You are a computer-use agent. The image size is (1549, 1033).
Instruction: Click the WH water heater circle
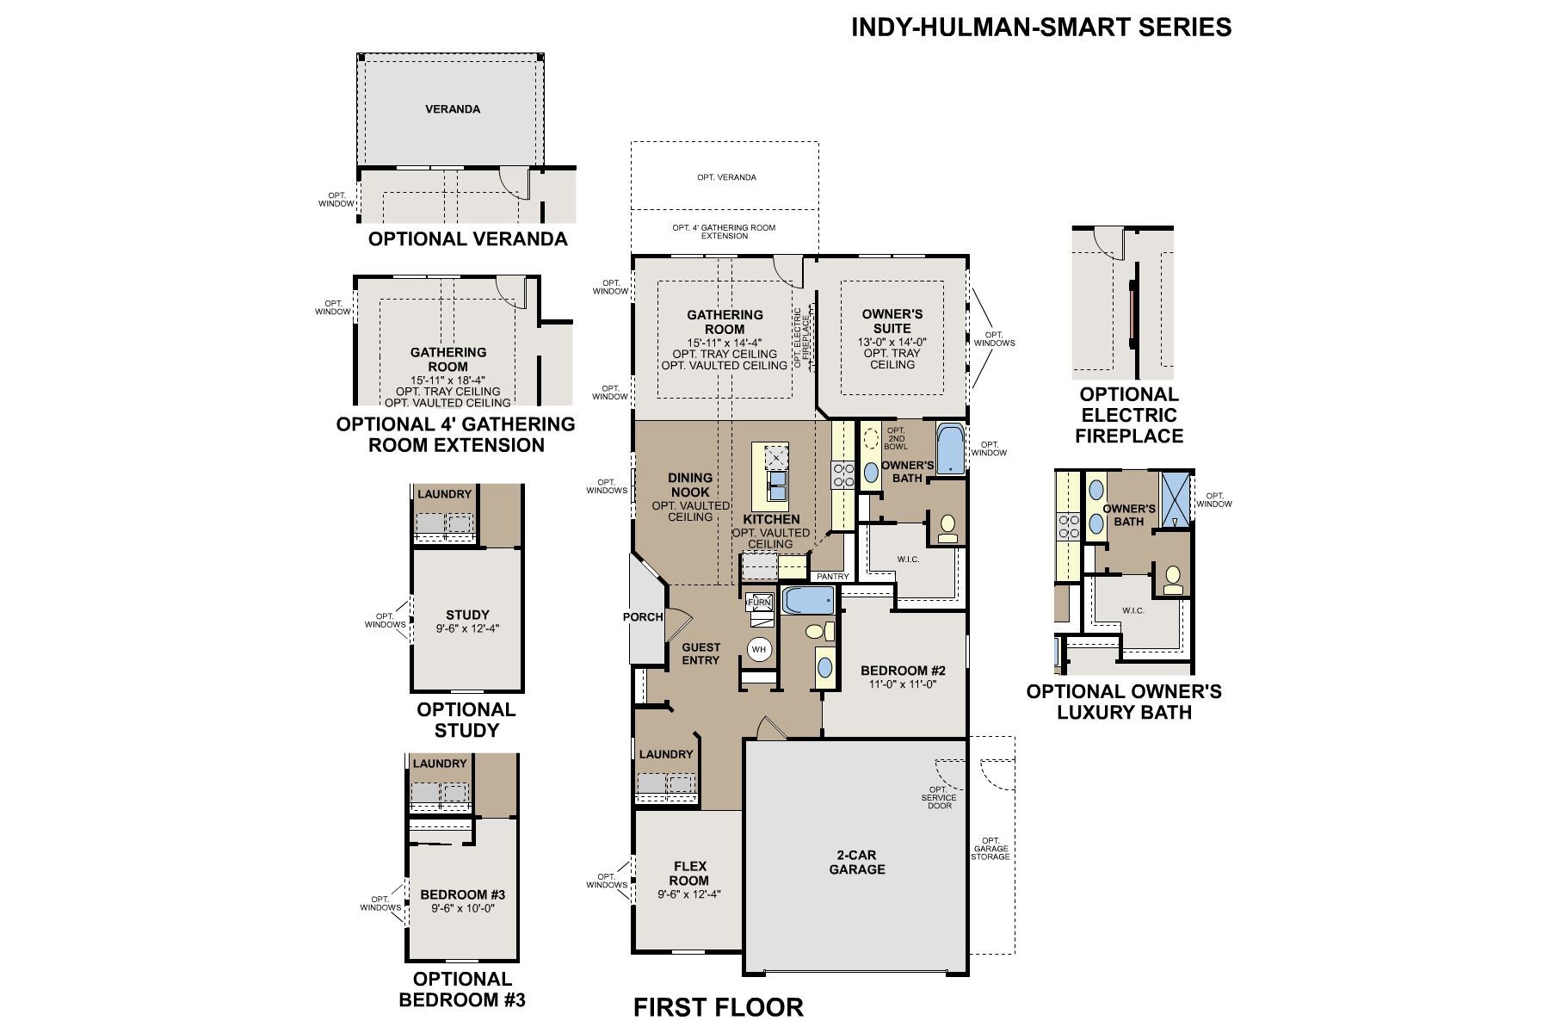[758, 649]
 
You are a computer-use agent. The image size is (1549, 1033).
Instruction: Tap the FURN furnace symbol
[758, 603]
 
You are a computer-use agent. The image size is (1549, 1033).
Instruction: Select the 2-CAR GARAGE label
[857, 863]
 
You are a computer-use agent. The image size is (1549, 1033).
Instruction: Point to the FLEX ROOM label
[689, 873]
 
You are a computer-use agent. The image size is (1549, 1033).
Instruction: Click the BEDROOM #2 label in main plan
[903, 671]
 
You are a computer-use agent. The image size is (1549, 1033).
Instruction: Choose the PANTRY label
[832, 576]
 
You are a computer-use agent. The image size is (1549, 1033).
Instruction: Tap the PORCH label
[643, 616]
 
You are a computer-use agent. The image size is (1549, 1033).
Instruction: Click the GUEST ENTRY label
[700, 653]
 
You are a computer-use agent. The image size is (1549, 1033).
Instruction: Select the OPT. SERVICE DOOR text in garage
[938, 797]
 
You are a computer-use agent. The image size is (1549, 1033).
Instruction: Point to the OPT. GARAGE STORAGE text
[990, 849]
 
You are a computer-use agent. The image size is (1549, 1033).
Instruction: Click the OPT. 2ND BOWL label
[896, 439]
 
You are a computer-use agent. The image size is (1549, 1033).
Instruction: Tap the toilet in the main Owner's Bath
[947, 528]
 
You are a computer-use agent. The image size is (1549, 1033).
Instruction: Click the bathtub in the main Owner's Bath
[950, 448]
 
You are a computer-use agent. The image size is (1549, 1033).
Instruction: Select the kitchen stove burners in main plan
[842, 474]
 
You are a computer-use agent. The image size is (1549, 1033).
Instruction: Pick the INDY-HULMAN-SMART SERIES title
[1041, 28]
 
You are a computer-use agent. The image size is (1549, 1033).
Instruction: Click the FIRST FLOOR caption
[719, 1006]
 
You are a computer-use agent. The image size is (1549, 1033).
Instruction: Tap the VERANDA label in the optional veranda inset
[453, 109]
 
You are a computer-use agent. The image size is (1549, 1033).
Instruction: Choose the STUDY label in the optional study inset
[467, 615]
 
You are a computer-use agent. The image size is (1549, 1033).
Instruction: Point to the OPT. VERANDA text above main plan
[726, 177]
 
